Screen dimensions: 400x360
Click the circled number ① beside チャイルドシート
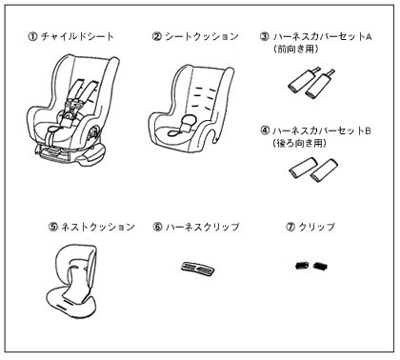[x=32, y=36]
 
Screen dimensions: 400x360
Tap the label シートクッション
[x=202, y=36]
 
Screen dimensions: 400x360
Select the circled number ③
[x=265, y=36]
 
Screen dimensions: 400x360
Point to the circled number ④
[x=265, y=130]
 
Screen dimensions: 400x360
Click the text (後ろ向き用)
[x=299, y=144]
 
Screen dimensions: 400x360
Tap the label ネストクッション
[x=98, y=227]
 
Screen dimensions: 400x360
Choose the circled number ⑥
[x=158, y=227]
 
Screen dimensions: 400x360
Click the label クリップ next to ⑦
[x=317, y=227]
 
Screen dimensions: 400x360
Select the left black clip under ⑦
[x=302, y=266]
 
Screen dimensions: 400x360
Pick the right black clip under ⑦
[x=320, y=266]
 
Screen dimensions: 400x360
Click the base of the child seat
[x=68, y=154]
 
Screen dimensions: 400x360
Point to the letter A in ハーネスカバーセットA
[x=369, y=36]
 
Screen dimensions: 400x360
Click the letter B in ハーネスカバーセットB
[x=368, y=130]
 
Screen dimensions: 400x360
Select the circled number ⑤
[x=53, y=227]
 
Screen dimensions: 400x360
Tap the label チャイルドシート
[x=77, y=36]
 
